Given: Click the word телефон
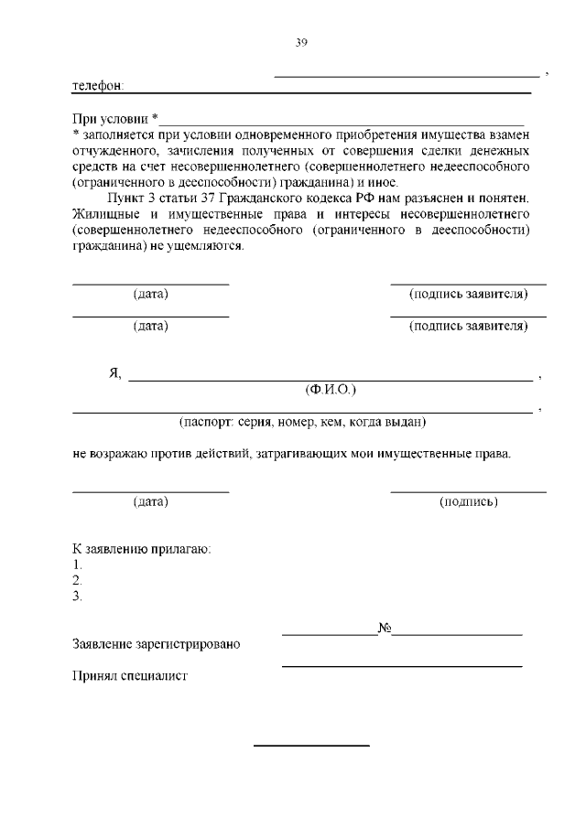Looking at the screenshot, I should tap(97, 87).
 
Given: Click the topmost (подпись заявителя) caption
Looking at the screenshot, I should tap(468, 294).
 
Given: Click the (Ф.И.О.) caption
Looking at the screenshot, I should tap(330, 390).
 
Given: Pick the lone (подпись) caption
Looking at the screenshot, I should tap(468, 501).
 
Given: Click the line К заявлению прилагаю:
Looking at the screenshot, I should tap(142, 549).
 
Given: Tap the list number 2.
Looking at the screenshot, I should tap(77, 580).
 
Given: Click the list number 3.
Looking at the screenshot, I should tap(77, 597).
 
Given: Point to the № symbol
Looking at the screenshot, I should tap(385, 629).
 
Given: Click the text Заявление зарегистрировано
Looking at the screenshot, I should tap(156, 644).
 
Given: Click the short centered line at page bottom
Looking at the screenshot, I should tap(311, 746).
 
